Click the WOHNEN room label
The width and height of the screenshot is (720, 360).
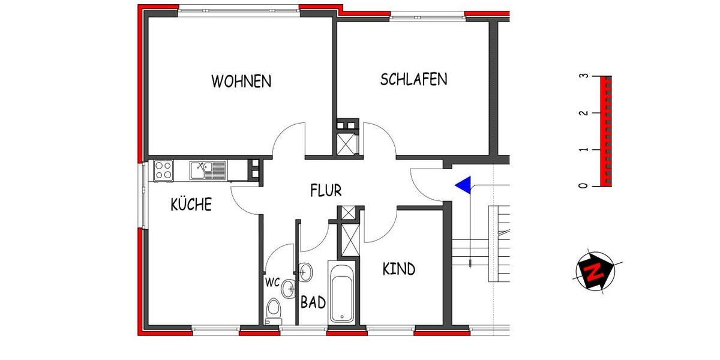point(241,81)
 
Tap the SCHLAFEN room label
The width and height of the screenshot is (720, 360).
point(413,79)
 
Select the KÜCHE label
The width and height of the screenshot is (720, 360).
point(191,205)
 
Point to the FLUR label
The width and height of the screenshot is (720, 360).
point(326,191)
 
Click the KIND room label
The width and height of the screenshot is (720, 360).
point(398,269)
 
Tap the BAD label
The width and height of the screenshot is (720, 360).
point(313,302)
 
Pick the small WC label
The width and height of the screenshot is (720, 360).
point(272,282)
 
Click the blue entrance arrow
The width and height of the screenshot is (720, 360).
point(462,185)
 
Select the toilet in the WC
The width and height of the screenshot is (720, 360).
point(274,311)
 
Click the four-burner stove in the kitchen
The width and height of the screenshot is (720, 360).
point(163,170)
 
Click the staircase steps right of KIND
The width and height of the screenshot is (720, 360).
point(474,252)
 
